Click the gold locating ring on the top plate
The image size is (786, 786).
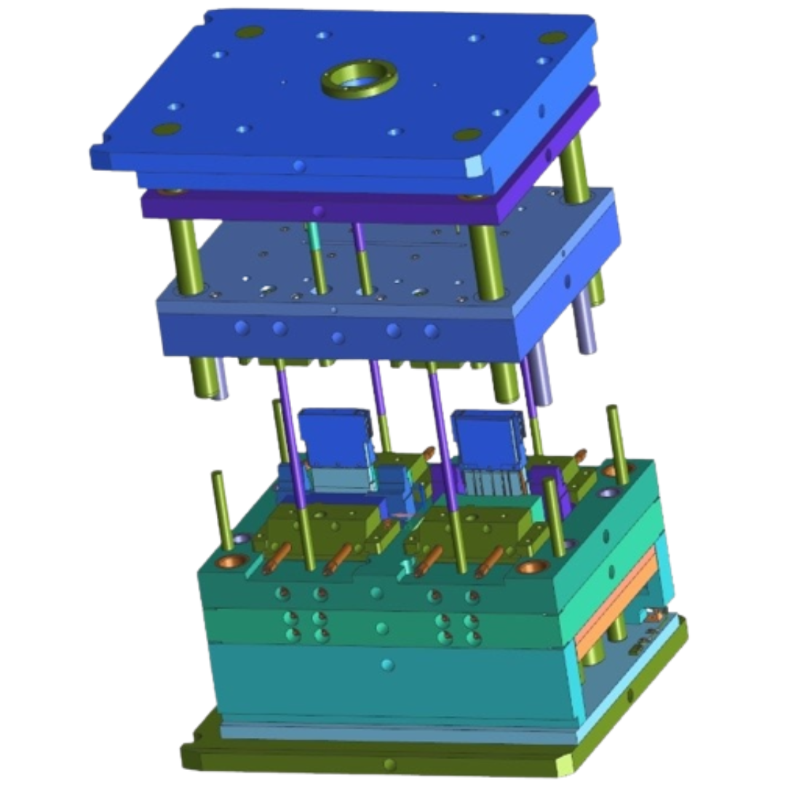359,79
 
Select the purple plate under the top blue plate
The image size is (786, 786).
327,208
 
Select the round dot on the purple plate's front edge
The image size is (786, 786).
317,211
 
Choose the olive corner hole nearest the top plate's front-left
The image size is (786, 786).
167,129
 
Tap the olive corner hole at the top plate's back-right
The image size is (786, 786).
552,36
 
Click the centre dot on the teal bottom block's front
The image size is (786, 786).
387,664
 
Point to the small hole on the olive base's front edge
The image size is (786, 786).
389,764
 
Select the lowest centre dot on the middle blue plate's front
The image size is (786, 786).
337,338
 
